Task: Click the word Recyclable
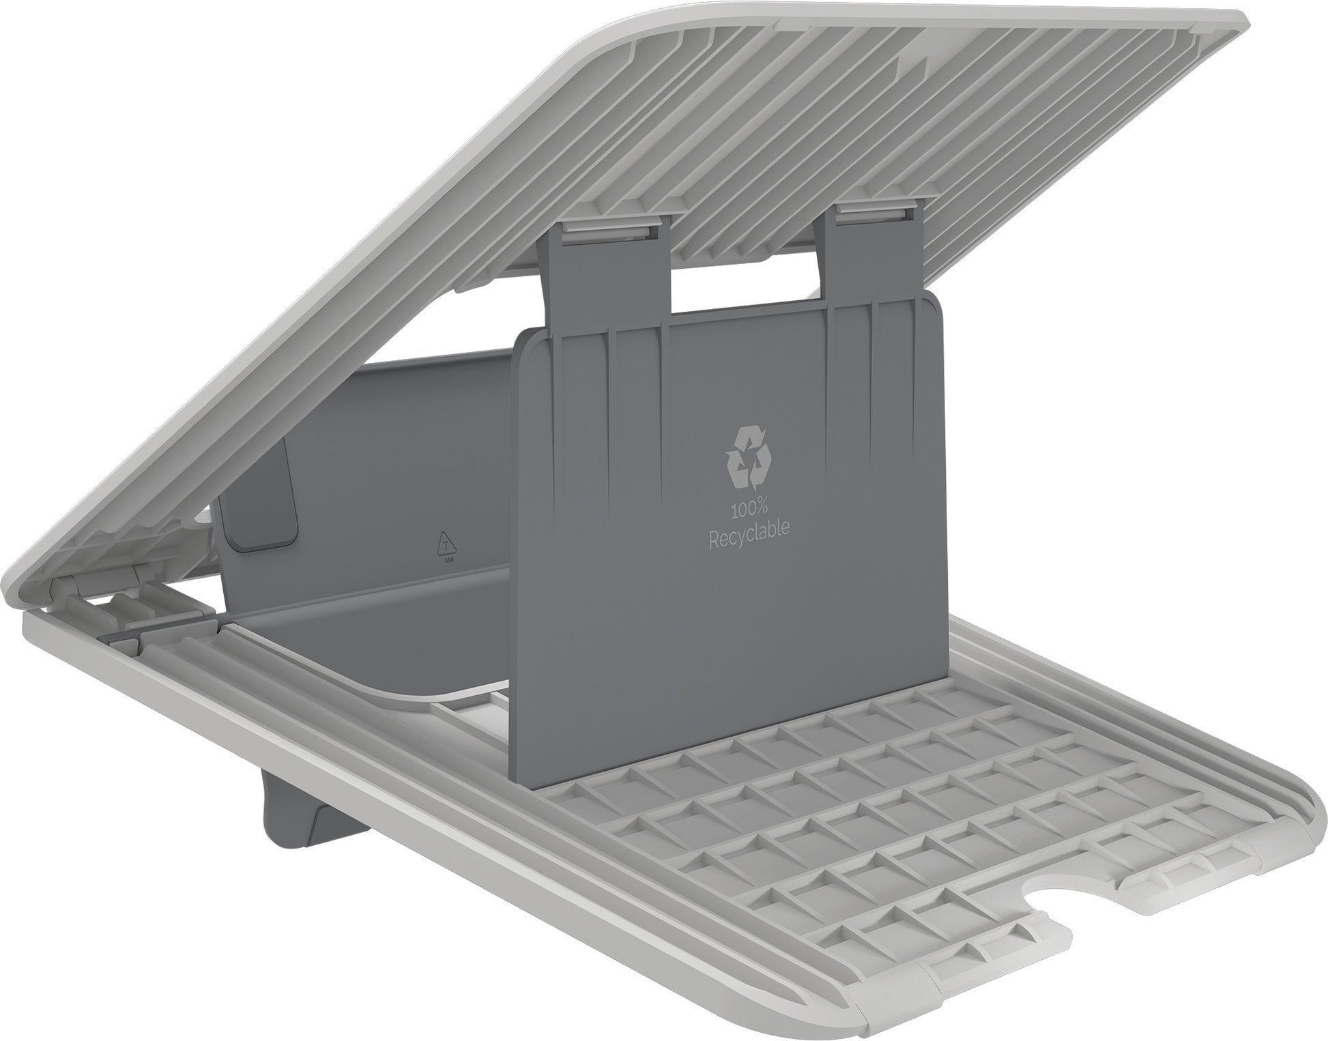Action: point(748,527)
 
